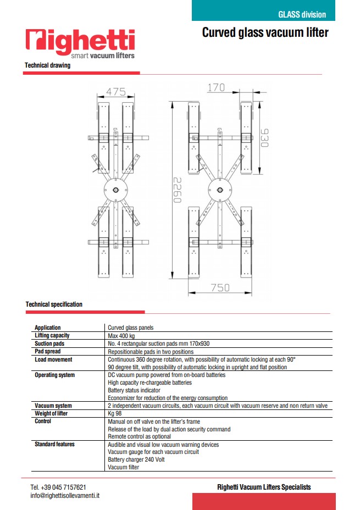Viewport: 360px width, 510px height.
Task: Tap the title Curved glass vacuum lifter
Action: pyautogui.click(x=265, y=32)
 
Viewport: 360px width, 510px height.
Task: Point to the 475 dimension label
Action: pyautogui.click(x=116, y=92)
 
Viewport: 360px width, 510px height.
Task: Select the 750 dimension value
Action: pyautogui.click(x=219, y=287)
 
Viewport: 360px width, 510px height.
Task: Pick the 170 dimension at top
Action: pyautogui.click(x=217, y=87)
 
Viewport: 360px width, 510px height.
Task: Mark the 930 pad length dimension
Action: pyautogui.click(x=264, y=137)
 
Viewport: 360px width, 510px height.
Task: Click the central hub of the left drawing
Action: pyautogui.click(x=116, y=191)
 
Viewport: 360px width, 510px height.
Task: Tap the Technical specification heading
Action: pyautogui.click(x=54, y=304)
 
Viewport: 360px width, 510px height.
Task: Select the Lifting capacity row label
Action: pyautogui.click(x=52, y=335)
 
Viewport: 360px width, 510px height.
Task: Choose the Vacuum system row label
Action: pyautogui.click(x=53, y=406)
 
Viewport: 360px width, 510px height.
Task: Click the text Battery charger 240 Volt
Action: pyautogui.click(x=136, y=459)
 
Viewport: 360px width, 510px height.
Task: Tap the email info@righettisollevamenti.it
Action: pyautogui.click(x=65, y=495)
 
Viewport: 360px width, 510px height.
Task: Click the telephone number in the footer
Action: pyautogui.click(x=58, y=487)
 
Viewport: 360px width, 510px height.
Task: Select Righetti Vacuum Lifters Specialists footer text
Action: pyautogui.click(x=264, y=487)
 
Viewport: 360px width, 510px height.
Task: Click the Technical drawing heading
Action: pyautogui.click(x=47, y=65)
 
